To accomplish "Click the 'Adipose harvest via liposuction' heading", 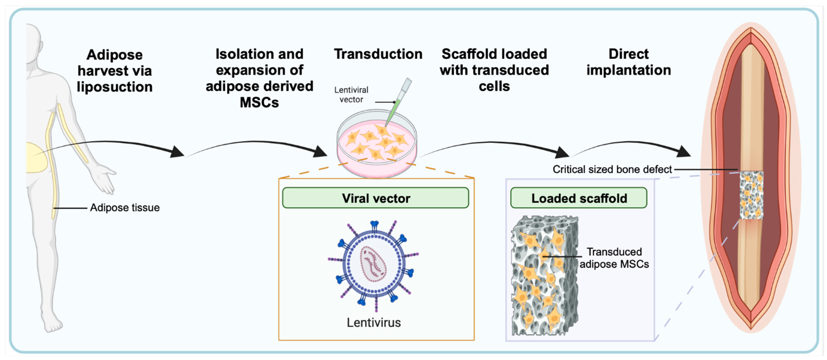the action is click(x=115, y=71).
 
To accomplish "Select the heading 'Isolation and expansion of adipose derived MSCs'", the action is click(x=259, y=78).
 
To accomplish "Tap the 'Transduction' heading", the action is click(x=378, y=54).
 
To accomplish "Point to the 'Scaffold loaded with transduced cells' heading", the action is click(x=494, y=70).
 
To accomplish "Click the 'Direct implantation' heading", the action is click(x=629, y=62).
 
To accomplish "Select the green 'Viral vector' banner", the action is click(x=376, y=198).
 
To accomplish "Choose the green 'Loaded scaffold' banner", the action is click(x=579, y=198).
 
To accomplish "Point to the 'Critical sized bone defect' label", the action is click(x=612, y=169).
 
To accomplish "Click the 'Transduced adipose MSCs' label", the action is click(x=614, y=258).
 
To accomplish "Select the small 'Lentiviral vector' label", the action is click(x=351, y=95).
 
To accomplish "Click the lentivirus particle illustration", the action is click(x=373, y=265).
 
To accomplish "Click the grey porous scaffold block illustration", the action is click(x=545, y=276).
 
